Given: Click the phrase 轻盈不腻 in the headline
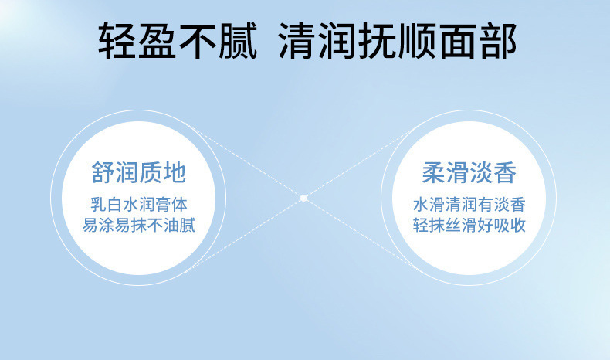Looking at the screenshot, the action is coord(178,41).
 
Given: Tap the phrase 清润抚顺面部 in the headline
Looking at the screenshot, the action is coord(398,41).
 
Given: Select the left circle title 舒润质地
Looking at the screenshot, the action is coord(139,172).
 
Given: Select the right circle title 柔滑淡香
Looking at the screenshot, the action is coord(469,172).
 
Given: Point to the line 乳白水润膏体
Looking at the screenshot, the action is coord(139,204).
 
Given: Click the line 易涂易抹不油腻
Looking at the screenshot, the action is coord(139,225).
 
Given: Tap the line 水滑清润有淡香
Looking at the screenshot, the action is coord(469,204).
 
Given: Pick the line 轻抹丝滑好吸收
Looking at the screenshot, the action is coord(469,225).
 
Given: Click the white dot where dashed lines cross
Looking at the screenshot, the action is coord(303,198).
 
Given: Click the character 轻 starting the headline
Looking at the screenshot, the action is coord(117,41).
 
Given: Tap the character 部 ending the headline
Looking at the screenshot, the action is coord(498,41).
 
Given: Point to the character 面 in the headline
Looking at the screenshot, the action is coord(458,41).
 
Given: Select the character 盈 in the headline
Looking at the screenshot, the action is coord(158,41).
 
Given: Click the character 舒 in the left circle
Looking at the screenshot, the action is coord(103,172).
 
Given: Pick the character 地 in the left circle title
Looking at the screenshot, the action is coord(175,172).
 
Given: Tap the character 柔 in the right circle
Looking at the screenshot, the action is coord(434,172).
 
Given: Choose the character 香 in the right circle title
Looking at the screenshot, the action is coord(505,172).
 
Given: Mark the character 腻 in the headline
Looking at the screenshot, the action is coord(238,41).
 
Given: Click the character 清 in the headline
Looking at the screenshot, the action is coord(298,41).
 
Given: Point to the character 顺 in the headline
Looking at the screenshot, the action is coord(418,41).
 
